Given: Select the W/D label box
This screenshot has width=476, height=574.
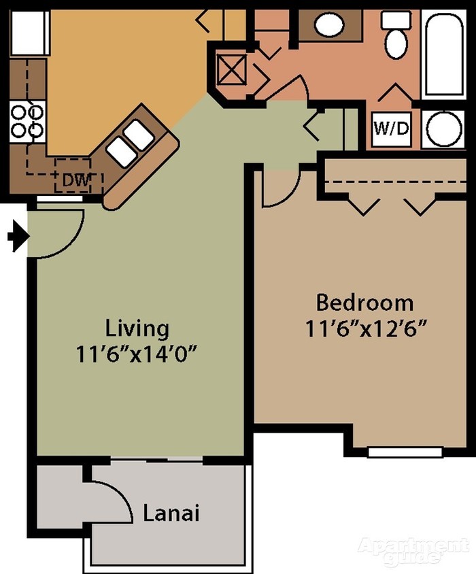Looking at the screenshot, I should (x=392, y=129).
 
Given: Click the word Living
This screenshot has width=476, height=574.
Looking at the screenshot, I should (x=137, y=328).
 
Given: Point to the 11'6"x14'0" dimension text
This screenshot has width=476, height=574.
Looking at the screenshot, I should (x=141, y=354).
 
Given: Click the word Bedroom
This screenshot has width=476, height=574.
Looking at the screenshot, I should (x=364, y=301).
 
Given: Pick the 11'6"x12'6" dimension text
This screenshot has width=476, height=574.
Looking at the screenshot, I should (x=366, y=328).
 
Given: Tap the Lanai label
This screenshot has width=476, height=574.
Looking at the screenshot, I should (x=171, y=513).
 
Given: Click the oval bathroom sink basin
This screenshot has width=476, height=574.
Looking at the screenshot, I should (x=329, y=26).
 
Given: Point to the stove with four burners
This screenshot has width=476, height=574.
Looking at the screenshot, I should (x=27, y=120).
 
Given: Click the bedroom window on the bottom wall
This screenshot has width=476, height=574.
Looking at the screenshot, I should (x=405, y=452).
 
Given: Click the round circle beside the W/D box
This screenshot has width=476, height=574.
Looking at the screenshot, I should (x=443, y=129).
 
